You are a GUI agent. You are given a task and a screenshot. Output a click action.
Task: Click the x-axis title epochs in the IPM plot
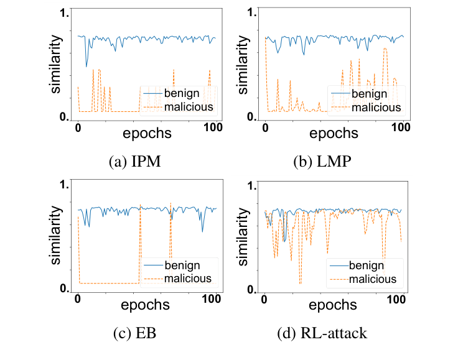(147, 133)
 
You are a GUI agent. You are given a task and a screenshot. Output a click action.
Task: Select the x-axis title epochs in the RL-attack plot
(333, 305)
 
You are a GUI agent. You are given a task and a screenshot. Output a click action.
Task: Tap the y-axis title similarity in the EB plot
(55, 237)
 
